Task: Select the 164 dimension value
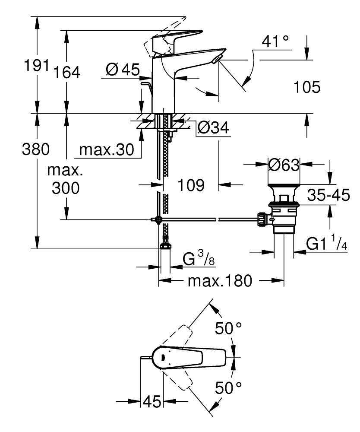[x=67, y=72]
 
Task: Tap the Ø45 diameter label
[x=122, y=70]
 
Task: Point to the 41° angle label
[x=275, y=42]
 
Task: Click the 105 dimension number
[x=306, y=87]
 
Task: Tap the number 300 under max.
[x=66, y=188]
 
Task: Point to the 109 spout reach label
[x=191, y=186]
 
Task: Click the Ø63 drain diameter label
[x=284, y=165]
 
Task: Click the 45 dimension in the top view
[x=152, y=402]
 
